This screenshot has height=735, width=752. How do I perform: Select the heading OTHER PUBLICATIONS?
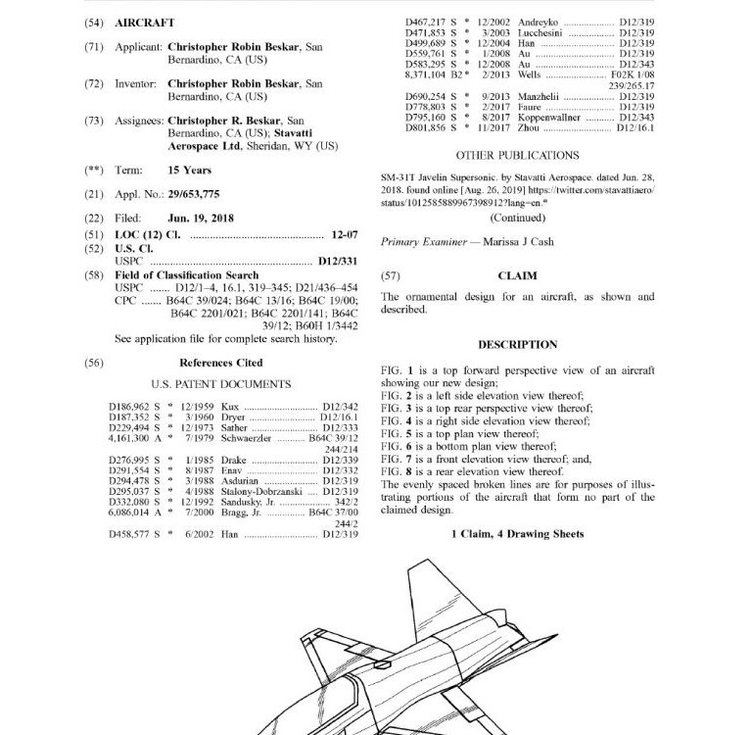517,155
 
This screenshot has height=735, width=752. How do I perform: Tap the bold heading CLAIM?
517,276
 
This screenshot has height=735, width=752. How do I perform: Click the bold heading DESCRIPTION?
517,345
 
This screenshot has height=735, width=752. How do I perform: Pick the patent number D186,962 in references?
127,405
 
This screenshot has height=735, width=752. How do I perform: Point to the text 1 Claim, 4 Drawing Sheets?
517,534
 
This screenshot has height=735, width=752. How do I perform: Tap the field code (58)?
94,276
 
